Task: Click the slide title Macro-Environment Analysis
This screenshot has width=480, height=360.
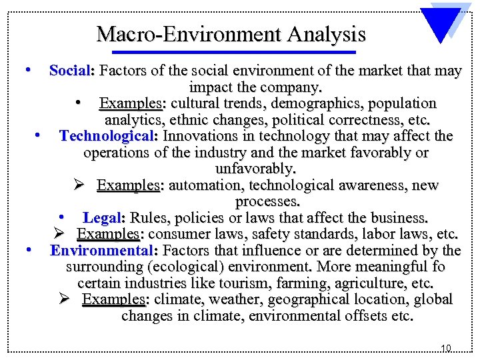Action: click(x=231, y=33)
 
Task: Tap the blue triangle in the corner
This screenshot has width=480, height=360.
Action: click(x=444, y=24)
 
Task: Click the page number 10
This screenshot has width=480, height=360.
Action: click(x=446, y=348)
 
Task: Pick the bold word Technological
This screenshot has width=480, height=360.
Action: click(x=107, y=137)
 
